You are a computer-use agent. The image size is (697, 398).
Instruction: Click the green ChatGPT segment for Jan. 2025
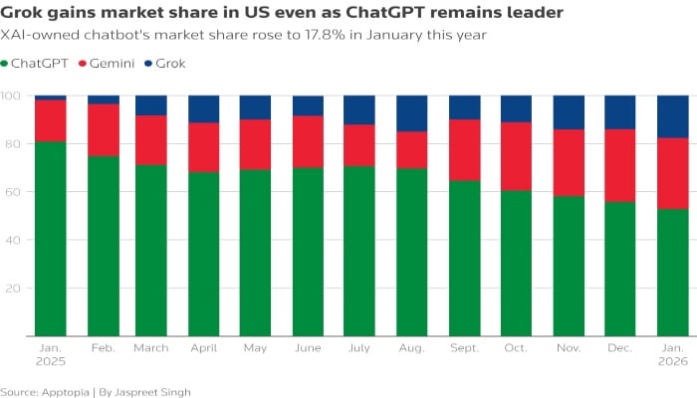51,239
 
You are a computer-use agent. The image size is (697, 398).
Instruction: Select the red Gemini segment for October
516,156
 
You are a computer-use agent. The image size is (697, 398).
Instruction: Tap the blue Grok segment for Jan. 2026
672,116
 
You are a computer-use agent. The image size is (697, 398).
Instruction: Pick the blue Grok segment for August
412,113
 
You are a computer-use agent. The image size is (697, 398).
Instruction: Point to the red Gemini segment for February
104,129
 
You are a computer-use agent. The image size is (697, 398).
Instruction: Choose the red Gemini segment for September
464,149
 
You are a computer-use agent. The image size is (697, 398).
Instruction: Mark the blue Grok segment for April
204,109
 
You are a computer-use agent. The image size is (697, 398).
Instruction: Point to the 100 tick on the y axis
11,97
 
